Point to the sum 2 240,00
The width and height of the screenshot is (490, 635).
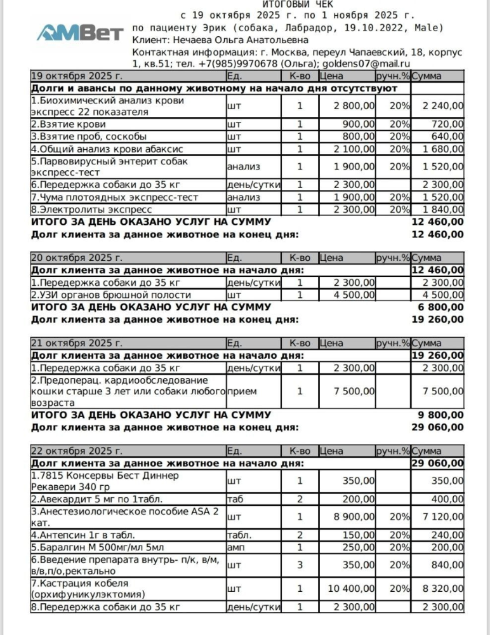click(x=443, y=106)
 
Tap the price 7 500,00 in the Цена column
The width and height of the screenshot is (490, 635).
click(x=354, y=391)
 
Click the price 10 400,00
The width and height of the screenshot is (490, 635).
click(x=351, y=589)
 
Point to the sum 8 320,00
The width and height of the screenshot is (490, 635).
click(x=443, y=589)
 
